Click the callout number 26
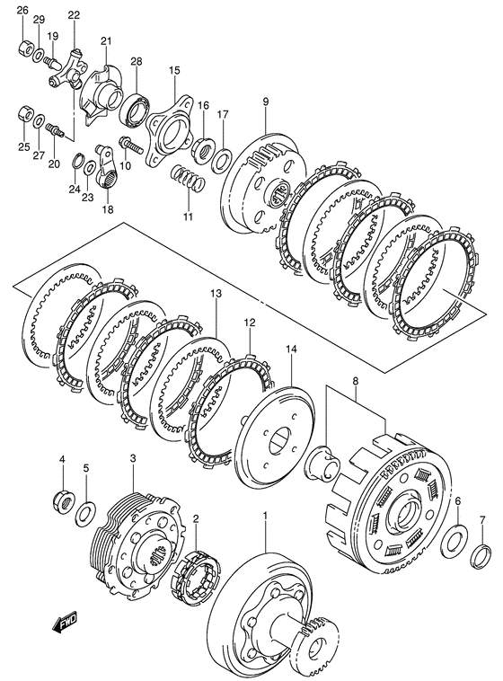click(x=22, y=11)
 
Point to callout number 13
click(x=216, y=294)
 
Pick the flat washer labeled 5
click(x=86, y=512)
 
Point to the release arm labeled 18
click(x=107, y=168)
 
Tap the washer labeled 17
click(x=222, y=160)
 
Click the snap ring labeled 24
click(x=76, y=162)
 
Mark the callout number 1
click(x=265, y=516)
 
